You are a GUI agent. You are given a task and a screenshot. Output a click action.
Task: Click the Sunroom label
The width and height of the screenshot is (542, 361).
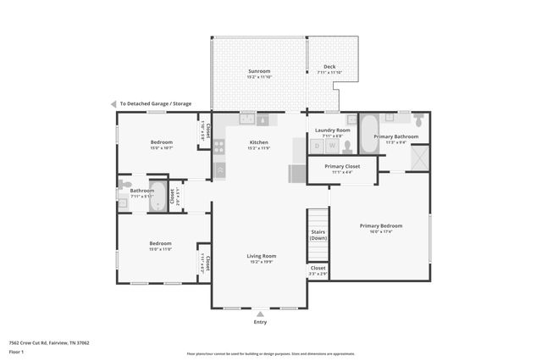pos(258,70)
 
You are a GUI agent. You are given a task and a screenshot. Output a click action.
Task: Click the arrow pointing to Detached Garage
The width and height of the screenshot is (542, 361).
pos(113,103)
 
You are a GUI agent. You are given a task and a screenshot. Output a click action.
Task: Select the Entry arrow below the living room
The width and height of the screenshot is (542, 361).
pos(259,314)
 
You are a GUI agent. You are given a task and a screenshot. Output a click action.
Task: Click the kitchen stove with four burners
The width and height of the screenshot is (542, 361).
pos(219,146)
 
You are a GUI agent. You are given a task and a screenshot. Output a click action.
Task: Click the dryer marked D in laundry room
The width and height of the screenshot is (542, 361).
pos(317,146)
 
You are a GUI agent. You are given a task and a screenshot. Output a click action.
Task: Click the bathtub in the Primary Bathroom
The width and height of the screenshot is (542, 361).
pos(369,134)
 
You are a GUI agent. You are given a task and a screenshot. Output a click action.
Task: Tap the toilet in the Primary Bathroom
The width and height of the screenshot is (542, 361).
pos(418,119)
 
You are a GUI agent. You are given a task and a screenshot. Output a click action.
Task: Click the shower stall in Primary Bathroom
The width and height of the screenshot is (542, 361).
pos(419,158)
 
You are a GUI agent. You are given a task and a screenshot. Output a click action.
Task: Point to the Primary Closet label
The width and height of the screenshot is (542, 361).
pos(343,166)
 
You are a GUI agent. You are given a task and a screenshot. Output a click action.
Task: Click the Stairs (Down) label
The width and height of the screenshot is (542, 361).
pos(318,234)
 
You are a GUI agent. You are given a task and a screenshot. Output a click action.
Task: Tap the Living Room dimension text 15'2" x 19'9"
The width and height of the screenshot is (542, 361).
pos(261,262)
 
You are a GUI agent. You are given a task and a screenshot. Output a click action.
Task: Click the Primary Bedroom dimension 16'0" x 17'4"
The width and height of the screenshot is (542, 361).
pos(380,232)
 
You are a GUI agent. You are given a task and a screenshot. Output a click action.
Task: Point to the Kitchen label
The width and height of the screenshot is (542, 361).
pos(258,142)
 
